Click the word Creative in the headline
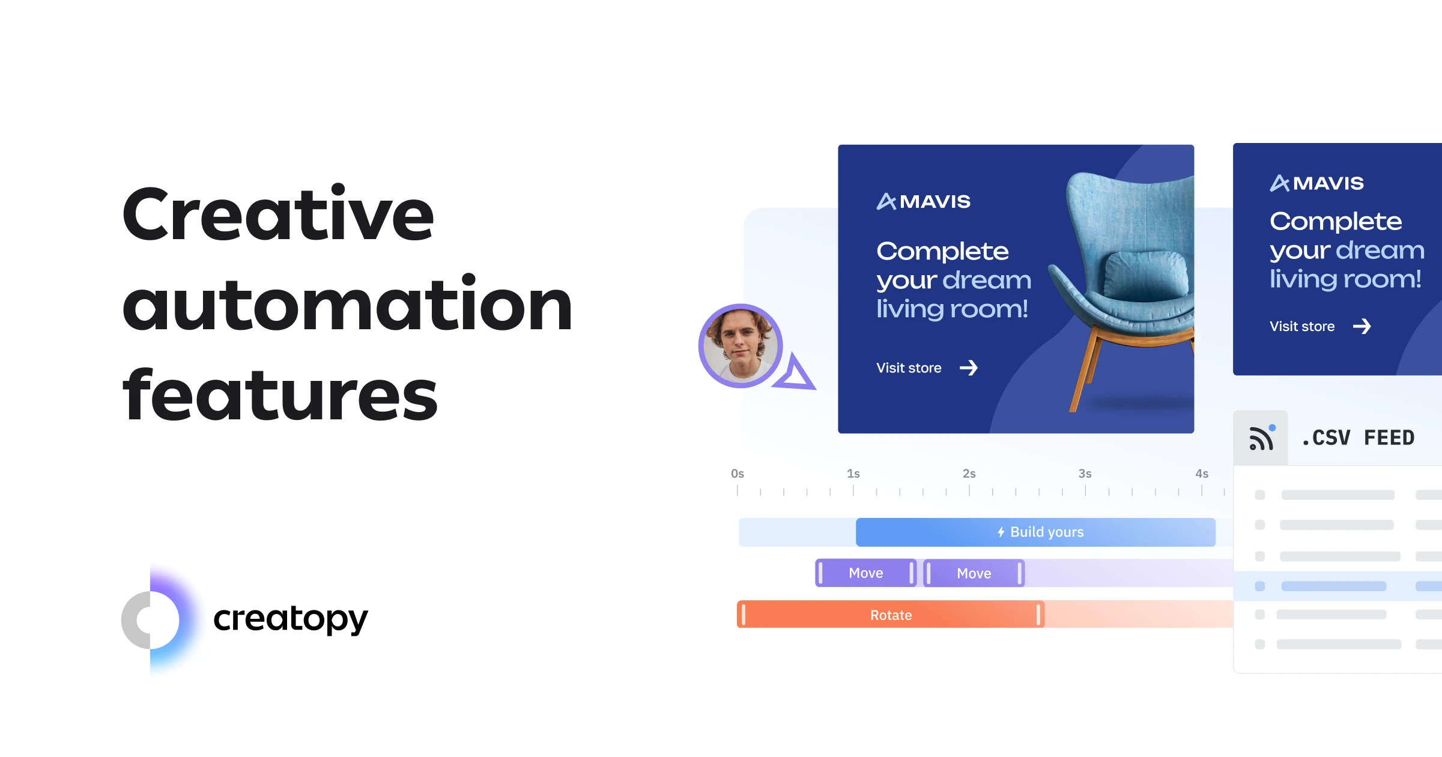tap(278, 214)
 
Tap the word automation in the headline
tap(347, 303)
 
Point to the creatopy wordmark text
tap(290, 619)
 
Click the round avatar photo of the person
tap(741, 345)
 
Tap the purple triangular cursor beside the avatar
tap(795, 372)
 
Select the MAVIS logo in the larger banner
tap(923, 201)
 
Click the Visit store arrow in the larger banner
tap(969, 368)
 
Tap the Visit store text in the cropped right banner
tap(1302, 326)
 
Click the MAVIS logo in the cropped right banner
tap(1316, 183)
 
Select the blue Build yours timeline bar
tap(1035, 532)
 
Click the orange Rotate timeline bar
tap(891, 614)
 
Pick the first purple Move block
tap(865, 573)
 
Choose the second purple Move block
tap(974, 573)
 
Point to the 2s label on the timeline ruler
tap(969, 473)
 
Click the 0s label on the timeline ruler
tap(738, 473)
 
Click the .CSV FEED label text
tap(1358, 437)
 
